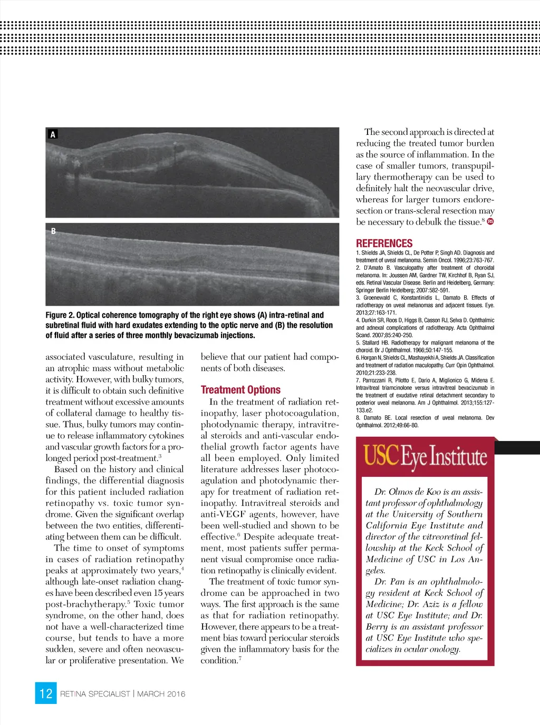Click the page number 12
(x=46, y=693)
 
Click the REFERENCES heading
(x=384, y=243)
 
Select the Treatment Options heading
(x=240, y=390)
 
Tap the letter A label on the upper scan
(x=53, y=135)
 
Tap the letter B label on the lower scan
(x=53, y=231)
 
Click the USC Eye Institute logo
(x=425, y=457)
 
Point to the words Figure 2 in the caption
(x=60, y=315)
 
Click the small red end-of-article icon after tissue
(x=490, y=222)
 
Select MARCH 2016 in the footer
(x=161, y=694)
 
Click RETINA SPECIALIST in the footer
(x=95, y=694)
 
